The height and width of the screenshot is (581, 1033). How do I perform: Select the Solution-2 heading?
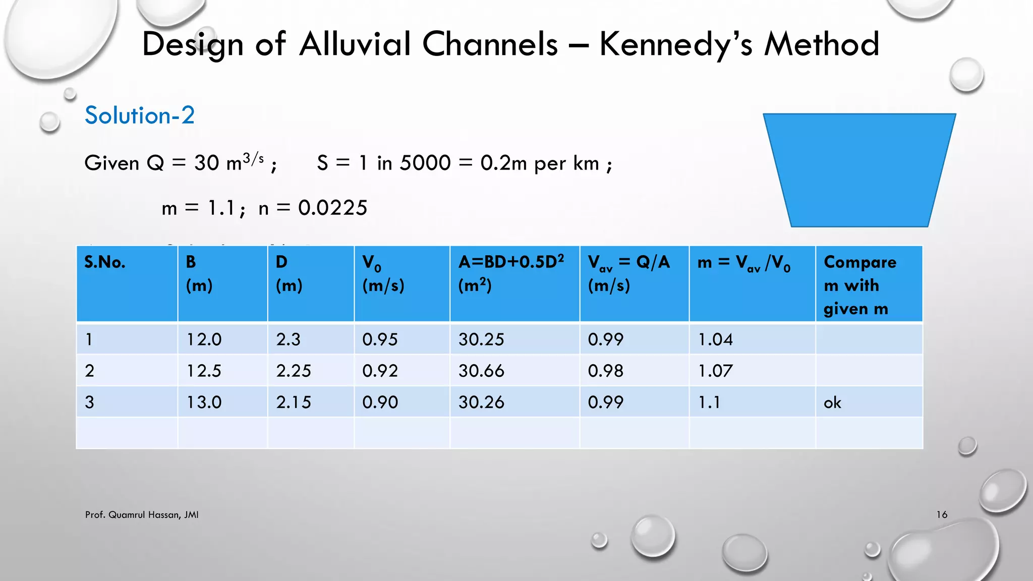pyautogui.click(x=139, y=115)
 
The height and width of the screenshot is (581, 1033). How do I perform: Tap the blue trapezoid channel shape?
pyautogui.click(x=859, y=169)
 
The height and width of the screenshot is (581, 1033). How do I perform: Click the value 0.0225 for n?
pyautogui.click(x=332, y=208)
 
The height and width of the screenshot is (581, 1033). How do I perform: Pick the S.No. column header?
pyautogui.click(x=105, y=262)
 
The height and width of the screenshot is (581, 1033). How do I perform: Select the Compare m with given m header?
pyautogui.click(x=860, y=285)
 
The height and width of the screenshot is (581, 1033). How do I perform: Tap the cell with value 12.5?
pyautogui.click(x=204, y=371)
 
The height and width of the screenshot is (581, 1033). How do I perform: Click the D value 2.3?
pyautogui.click(x=288, y=339)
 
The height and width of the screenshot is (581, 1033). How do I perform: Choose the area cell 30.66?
pyautogui.click(x=481, y=371)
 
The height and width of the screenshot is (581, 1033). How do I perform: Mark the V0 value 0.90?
pyautogui.click(x=380, y=402)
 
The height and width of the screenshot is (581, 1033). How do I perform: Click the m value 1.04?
pyautogui.click(x=715, y=339)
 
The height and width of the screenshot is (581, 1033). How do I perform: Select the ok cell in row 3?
pyautogui.click(x=832, y=402)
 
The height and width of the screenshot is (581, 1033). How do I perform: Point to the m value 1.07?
pyautogui.click(x=715, y=371)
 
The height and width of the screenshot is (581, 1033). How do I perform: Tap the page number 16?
pyautogui.click(x=942, y=514)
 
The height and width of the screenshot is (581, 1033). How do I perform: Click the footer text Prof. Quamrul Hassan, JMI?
pyautogui.click(x=142, y=514)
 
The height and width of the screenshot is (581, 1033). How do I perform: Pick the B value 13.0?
pyautogui.click(x=204, y=402)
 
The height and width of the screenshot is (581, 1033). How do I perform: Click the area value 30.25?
pyautogui.click(x=481, y=339)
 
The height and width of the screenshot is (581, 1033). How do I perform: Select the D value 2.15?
pyautogui.click(x=294, y=402)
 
